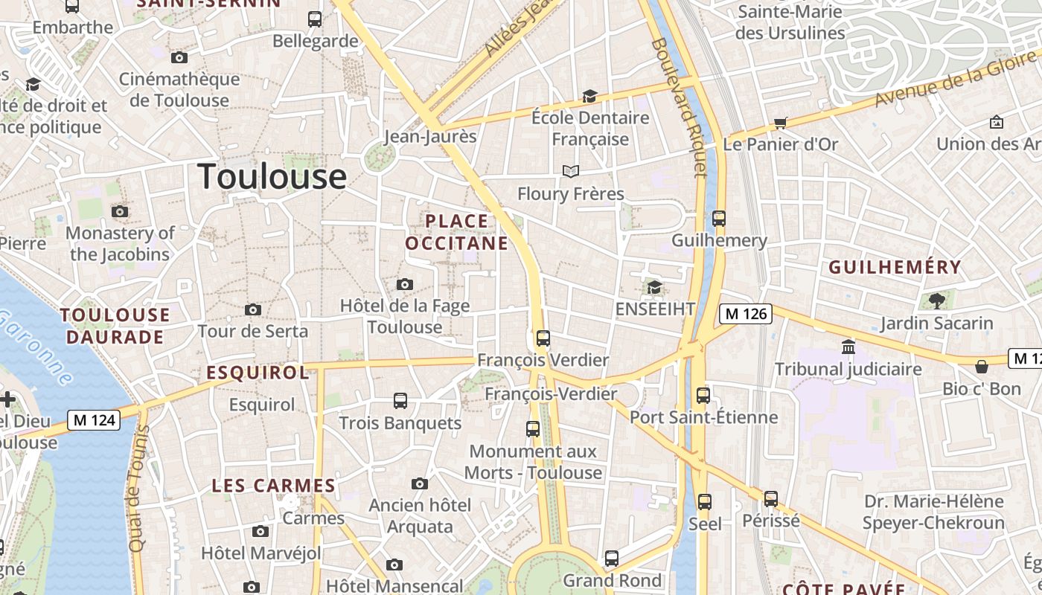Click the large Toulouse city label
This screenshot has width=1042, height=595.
coord(272,177)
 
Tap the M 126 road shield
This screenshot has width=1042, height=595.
coord(746,314)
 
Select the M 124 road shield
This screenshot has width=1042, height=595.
coord(94,420)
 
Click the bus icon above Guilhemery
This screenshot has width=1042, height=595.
coord(718,219)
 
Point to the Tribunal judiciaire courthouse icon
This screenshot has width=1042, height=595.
coord(848,347)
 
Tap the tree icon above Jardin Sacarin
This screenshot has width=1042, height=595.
coord(936,301)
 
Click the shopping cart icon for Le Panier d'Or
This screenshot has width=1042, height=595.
coord(780,123)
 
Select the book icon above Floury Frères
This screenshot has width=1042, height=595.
coord(570,172)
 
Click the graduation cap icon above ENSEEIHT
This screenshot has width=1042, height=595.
coord(654,287)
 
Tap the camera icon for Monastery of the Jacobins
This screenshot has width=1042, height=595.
coord(119,212)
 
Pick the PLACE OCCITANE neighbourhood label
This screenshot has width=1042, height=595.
coord(457,232)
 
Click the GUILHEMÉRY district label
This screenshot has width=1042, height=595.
coord(895,267)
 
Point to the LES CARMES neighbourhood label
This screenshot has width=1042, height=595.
coord(273,486)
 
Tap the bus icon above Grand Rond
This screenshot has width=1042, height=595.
coord(612,558)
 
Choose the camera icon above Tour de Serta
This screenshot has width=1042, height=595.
coord(252,310)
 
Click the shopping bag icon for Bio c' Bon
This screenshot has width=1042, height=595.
coord(982,367)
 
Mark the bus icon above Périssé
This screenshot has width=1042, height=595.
coord(771,499)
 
